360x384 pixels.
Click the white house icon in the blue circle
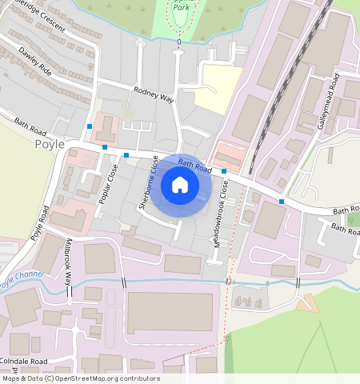tap(180, 186)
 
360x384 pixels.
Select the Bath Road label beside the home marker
tap(194, 166)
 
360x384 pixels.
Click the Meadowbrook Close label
tap(225, 213)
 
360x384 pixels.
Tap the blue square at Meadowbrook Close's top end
tap(224, 172)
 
